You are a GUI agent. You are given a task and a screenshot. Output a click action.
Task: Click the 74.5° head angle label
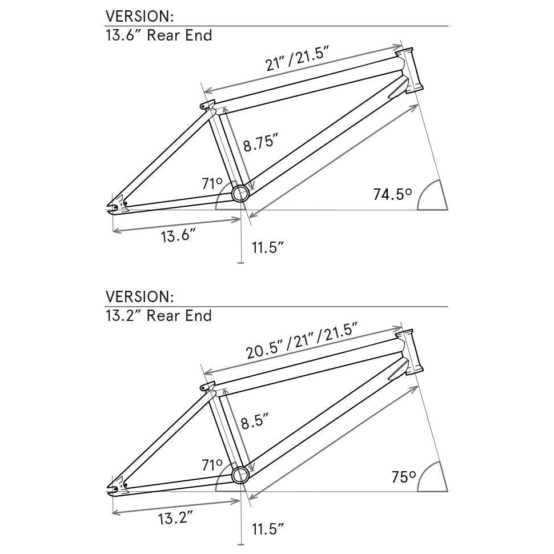(x=392, y=194)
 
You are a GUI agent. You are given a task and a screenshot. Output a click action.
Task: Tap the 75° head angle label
(x=403, y=477)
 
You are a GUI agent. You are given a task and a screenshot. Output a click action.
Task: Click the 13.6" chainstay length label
(x=178, y=235)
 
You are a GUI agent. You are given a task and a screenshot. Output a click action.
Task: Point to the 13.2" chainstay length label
(x=175, y=518)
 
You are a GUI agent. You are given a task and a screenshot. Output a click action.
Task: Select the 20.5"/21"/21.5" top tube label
(x=302, y=341)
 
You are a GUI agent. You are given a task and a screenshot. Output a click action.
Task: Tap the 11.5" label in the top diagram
(x=268, y=247)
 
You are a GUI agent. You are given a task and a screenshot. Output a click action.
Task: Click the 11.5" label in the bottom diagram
(x=268, y=529)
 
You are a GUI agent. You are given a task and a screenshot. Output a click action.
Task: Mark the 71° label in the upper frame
(x=212, y=184)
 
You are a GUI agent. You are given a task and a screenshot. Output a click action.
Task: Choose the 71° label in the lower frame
(x=212, y=465)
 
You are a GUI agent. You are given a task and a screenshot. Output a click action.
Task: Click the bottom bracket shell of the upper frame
(x=240, y=193)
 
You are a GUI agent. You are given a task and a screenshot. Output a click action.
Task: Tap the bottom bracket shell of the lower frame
(x=240, y=474)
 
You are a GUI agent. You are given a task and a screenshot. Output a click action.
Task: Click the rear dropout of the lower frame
(x=117, y=486)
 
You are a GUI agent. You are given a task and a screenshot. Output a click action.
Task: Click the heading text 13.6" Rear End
(x=159, y=35)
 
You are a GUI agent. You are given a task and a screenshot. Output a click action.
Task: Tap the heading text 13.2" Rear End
(x=159, y=316)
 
